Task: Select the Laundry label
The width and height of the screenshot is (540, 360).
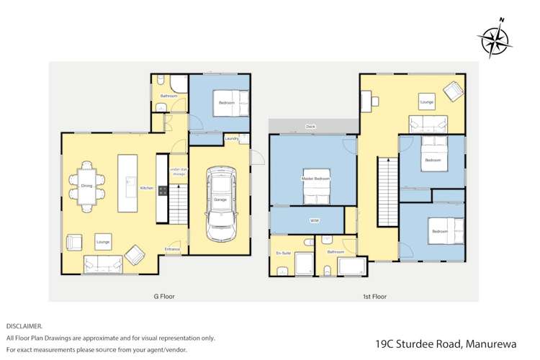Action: coord(231,138)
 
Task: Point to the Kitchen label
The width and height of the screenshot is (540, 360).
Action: coord(147,188)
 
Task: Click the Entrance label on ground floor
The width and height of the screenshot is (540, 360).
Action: coord(172,248)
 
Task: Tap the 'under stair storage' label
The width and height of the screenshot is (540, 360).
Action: coord(178,171)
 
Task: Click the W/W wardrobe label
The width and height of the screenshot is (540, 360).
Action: coord(315,220)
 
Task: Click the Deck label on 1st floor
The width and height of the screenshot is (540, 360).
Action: coord(310,126)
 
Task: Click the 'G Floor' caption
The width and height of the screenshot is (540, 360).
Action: coord(164,296)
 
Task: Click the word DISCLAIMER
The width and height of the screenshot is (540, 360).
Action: coord(24,325)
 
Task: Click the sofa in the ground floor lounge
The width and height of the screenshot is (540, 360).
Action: coord(103,264)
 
